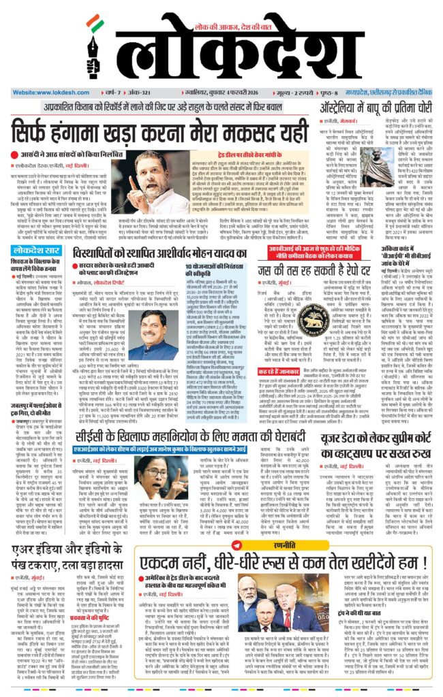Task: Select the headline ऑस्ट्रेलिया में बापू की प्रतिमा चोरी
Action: pyautogui.click(x=365, y=108)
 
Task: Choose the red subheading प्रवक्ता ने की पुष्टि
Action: pyautogui.click(x=85, y=619)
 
